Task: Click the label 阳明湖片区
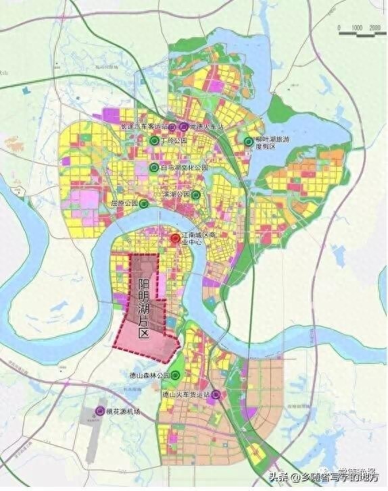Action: coord(143,301)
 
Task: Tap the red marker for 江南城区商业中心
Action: coord(174,238)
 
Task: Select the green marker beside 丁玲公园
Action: coord(155,140)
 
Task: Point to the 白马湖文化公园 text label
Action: coord(186,167)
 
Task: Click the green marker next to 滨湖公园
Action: coord(195,195)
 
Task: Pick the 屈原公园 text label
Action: coord(124,203)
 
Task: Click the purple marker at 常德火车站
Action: coord(185,126)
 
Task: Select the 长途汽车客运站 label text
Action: coord(143,126)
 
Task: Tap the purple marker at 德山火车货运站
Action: coord(216,395)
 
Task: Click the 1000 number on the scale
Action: coord(357,26)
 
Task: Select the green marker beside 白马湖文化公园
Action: coord(155,167)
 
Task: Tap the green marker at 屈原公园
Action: coord(143,203)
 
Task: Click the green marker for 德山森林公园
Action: coord(175,376)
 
